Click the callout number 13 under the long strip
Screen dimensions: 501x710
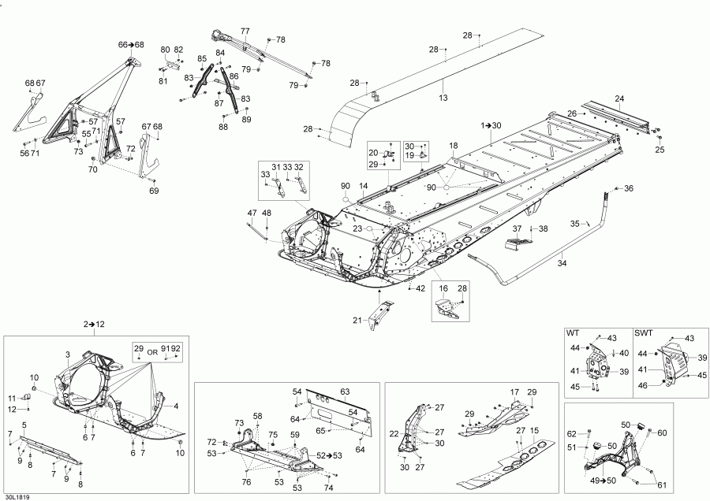tap(443, 98)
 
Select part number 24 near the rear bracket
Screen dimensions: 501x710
tap(619, 98)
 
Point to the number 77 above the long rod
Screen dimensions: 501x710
tap(245, 31)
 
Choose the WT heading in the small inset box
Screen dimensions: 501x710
tap(574, 333)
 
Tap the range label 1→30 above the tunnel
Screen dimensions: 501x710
tap(491, 125)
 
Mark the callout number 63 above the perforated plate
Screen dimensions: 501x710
tap(344, 391)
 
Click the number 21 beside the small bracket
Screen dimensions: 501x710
tap(357, 319)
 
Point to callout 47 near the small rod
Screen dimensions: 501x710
tap(252, 213)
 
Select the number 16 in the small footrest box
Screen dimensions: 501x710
tap(443, 289)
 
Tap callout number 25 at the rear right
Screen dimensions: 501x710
tap(660, 150)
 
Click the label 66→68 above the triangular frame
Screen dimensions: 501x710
tap(131, 45)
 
